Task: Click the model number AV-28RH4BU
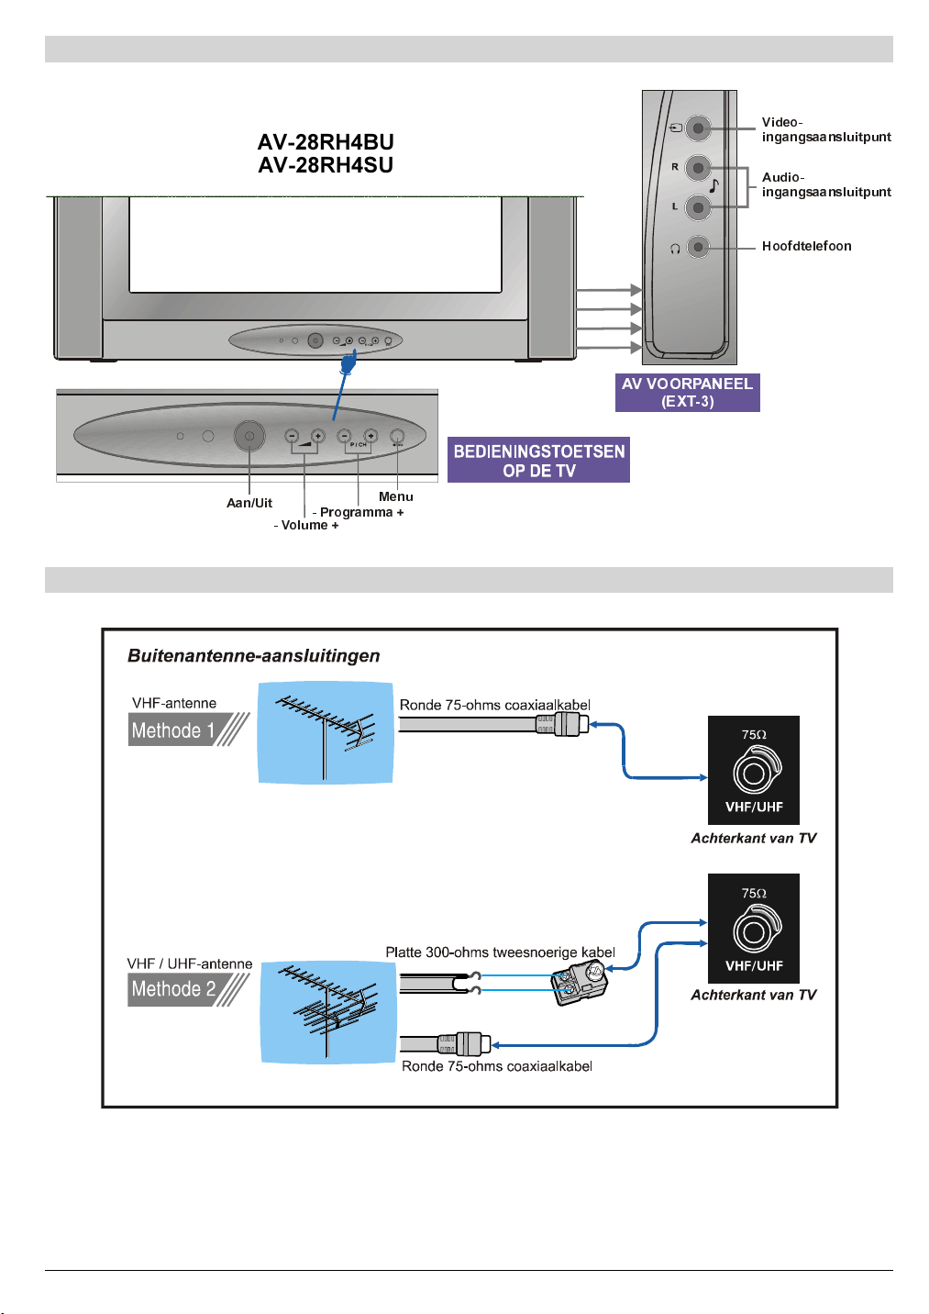326,142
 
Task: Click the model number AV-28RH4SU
326,165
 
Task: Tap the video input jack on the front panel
698,128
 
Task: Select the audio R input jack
698,168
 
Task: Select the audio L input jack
698,207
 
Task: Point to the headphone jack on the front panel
698,247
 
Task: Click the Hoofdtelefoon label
806,246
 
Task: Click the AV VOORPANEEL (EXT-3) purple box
687,393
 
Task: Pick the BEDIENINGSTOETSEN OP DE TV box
538,460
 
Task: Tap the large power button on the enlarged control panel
249,436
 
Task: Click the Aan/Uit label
249,503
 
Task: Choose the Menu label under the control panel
395,496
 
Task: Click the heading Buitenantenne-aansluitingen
253,656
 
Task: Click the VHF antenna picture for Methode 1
326,732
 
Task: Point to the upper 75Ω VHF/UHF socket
754,771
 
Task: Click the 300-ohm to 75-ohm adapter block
580,983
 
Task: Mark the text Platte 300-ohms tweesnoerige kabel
500,952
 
